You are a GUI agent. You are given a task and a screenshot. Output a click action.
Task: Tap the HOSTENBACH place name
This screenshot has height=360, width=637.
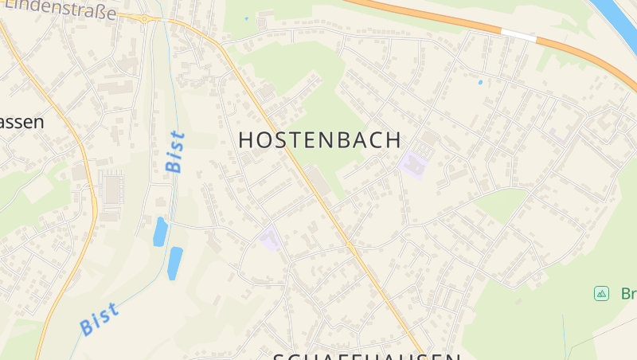click(320, 140)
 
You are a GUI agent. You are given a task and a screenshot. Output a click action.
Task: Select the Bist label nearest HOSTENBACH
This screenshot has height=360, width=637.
click(175, 151)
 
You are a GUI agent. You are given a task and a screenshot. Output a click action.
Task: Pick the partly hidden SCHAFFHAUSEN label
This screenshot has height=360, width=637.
click(367, 355)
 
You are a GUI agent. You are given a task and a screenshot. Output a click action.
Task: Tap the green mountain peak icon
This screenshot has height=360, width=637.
click(601, 294)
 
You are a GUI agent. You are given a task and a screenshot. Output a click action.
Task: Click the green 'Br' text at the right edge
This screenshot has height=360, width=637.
click(627, 294)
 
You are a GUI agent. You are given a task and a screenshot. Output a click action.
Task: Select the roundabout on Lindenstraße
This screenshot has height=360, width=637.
click(145, 18)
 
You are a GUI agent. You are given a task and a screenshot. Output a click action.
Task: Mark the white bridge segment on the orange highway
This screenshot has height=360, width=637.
click(518, 35)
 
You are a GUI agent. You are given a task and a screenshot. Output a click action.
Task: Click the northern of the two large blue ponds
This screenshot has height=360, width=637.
click(160, 231)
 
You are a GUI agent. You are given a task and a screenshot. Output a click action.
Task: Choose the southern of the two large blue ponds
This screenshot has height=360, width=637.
click(174, 263)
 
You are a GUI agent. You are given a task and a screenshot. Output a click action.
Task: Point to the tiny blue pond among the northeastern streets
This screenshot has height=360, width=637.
click(480, 82)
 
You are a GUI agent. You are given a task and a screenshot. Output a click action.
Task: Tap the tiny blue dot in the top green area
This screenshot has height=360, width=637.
click(246, 18)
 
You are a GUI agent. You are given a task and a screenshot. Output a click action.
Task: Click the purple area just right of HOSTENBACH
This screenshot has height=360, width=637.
click(413, 164)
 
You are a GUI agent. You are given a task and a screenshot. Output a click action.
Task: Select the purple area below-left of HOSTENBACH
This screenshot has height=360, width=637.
click(271, 239)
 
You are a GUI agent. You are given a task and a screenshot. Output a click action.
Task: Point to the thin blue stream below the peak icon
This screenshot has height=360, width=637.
click(566, 335)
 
